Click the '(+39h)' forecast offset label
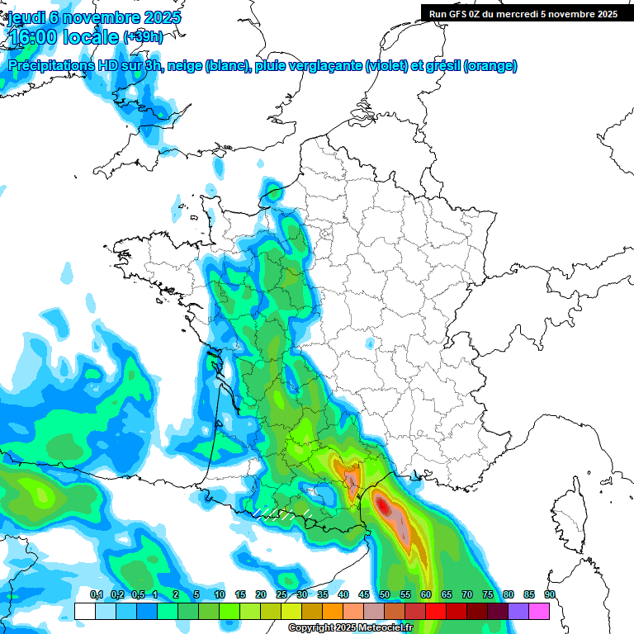(x=143, y=37)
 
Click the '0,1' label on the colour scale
(x=96, y=595)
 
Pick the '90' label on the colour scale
(x=549, y=595)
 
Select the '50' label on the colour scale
(x=385, y=595)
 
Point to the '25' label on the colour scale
(x=282, y=595)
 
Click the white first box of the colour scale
(x=84, y=611)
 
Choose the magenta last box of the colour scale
(x=539, y=611)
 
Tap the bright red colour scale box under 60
(x=436, y=611)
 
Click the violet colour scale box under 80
(x=518, y=611)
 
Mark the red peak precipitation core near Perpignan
(x=382, y=502)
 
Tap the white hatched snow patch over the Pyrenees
(x=281, y=513)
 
